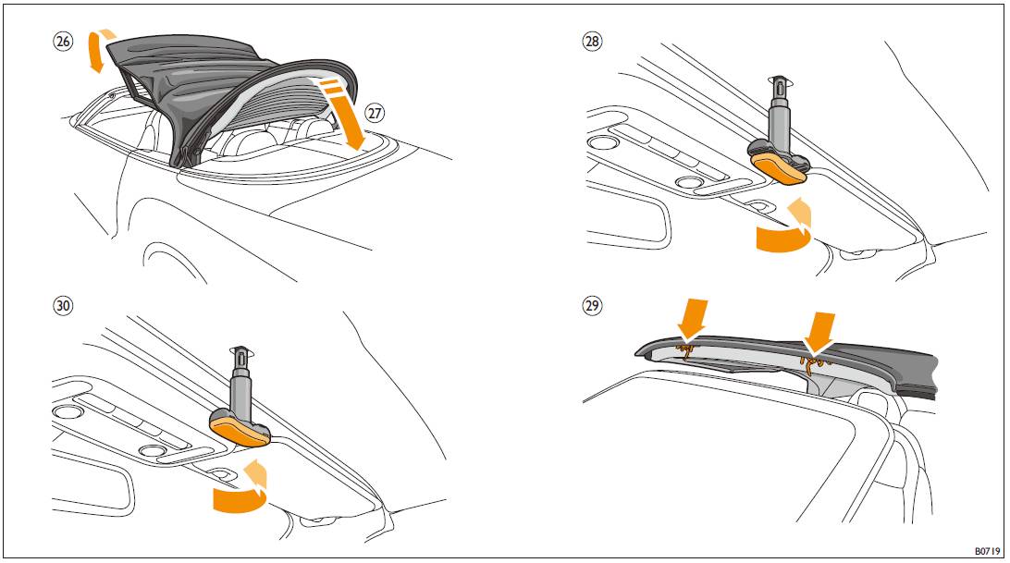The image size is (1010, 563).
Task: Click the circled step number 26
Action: pyautogui.click(x=63, y=42)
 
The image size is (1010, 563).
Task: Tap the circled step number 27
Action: pyautogui.click(x=375, y=114)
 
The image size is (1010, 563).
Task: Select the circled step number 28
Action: pyautogui.click(x=591, y=42)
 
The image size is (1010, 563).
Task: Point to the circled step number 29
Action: pyautogui.click(x=592, y=305)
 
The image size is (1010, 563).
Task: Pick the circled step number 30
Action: pyautogui.click(x=63, y=305)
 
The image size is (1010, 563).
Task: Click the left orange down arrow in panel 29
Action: pyautogui.click(x=693, y=319)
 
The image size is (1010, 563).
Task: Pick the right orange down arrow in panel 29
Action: pyautogui.click(x=820, y=333)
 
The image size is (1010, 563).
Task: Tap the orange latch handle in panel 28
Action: pyautogui.click(x=782, y=167)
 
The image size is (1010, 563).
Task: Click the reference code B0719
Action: pyautogui.click(x=987, y=551)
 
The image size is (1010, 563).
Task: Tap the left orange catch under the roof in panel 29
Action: pyautogui.click(x=684, y=351)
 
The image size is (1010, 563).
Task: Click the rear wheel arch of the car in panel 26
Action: pyautogui.click(x=174, y=261)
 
